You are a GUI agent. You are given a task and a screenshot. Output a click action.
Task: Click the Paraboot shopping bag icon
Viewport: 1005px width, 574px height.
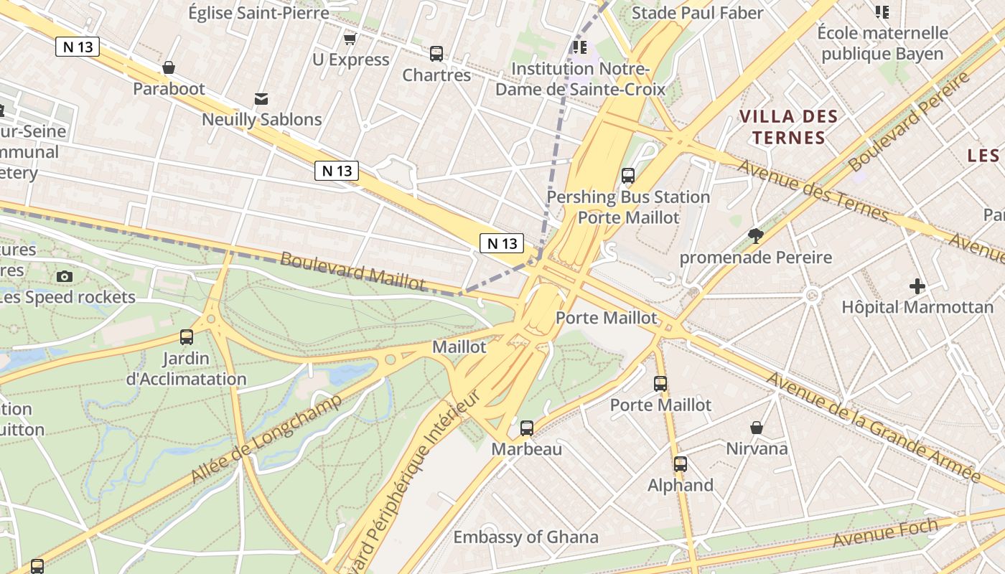(169, 67)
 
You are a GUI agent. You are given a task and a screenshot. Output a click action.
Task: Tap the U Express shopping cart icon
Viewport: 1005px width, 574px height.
(350, 39)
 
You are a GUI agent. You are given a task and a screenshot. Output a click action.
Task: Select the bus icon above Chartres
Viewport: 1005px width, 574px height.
(436, 53)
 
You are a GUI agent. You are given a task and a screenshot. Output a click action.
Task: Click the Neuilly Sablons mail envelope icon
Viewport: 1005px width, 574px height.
(261, 98)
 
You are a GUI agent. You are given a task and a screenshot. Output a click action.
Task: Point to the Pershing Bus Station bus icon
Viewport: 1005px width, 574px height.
(628, 175)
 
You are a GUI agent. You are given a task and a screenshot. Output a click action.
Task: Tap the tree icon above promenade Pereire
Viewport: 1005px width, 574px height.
(755, 235)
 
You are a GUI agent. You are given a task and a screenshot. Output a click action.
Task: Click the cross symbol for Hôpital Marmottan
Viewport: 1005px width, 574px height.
(917, 286)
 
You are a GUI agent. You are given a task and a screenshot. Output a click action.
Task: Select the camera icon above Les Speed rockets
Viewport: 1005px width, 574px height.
(64, 276)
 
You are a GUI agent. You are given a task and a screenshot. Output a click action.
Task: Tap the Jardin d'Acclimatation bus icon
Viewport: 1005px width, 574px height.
(187, 337)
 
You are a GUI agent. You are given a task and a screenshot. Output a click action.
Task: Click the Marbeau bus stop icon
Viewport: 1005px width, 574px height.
(527, 428)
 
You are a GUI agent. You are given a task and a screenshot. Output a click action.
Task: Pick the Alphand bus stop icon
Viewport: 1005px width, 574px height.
(681, 464)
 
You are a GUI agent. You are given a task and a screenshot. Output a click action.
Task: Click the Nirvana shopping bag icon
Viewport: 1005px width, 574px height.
(757, 428)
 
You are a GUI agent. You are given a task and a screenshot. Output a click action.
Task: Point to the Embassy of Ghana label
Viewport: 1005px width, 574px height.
(525, 537)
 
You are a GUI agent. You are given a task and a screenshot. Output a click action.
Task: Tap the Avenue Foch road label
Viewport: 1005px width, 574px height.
(886, 532)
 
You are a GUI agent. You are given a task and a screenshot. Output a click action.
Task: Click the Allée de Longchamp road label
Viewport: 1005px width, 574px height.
(266, 438)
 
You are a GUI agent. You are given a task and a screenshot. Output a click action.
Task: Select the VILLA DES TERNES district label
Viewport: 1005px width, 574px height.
(788, 127)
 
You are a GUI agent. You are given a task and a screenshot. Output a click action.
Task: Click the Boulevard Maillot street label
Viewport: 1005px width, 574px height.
(352, 271)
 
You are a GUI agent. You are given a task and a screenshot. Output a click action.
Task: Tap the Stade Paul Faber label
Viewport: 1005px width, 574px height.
(697, 13)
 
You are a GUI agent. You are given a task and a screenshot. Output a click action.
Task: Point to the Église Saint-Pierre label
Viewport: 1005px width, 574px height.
(258, 12)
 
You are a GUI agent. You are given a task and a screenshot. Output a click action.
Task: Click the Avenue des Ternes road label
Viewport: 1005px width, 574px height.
(813, 191)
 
